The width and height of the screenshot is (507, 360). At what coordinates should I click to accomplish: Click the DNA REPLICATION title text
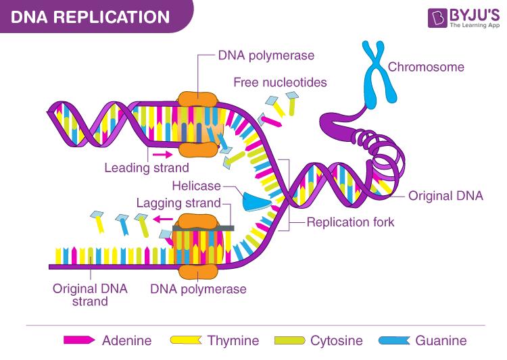pos(90,16)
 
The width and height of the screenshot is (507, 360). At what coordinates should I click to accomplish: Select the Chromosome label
pos(426,67)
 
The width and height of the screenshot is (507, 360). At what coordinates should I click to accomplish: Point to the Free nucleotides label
pos(280,82)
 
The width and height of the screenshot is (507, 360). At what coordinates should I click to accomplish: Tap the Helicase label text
pos(196,186)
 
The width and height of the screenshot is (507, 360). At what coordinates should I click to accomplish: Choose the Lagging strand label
pos(178,203)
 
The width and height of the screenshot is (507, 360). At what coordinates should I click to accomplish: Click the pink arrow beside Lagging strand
pos(162,219)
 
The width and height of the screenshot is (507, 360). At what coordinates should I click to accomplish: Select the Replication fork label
pos(350,222)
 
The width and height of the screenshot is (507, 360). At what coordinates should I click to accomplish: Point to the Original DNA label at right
pos(445,196)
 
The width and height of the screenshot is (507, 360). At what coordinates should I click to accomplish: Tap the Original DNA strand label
pos(90,294)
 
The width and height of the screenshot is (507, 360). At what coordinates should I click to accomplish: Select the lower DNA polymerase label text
pos(198,289)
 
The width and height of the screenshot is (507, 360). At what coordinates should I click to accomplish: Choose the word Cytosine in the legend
pos(337,340)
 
